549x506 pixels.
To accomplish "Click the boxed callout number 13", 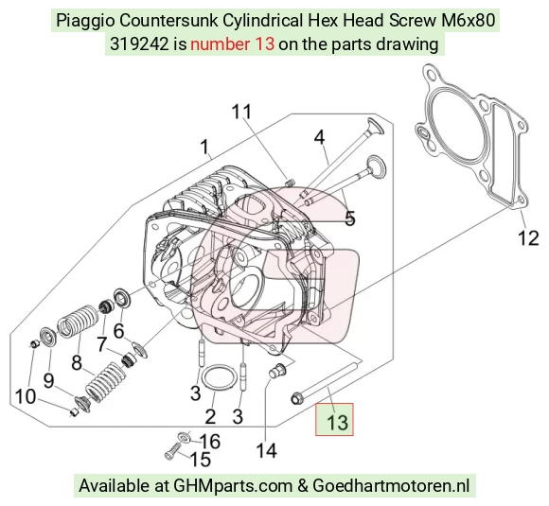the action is (337, 422).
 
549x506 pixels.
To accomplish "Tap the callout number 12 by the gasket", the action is (528, 238).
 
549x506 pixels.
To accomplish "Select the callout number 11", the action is (241, 112).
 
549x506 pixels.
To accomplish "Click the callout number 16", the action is (209, 442).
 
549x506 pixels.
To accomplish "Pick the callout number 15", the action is (201, 459).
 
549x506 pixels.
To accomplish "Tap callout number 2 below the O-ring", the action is (210, 416).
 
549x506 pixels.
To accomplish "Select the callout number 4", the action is (319, 137).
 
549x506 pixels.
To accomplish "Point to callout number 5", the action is (350, 218).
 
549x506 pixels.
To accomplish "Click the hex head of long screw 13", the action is (296, 398).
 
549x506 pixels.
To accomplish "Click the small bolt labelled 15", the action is (172, 451).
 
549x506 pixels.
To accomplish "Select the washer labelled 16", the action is (184, 437).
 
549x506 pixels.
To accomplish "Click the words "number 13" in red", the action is (232, 44).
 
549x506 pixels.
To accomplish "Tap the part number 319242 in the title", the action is (139, 44).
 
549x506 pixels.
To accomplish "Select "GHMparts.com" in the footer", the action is (233, 486).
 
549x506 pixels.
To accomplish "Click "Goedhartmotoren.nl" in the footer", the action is (390, 486).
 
